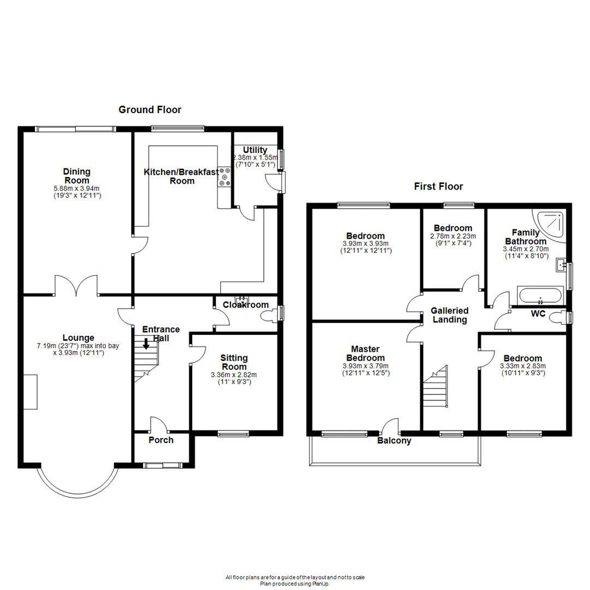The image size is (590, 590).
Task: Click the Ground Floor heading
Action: [x=150, y=110]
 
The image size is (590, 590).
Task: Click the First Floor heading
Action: [x=439, y=187]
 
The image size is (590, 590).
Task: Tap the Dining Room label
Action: [x=77, y=176]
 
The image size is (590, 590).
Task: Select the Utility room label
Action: [x=255, y=150]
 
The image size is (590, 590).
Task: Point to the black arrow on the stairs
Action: [x=146, y=344]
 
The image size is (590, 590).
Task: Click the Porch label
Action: [x=161, y=440]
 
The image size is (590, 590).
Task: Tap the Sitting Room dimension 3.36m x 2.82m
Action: [x=234, y=375]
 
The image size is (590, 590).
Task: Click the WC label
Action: [x=538, y=314]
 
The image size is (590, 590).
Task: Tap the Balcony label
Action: [x=394, y=441]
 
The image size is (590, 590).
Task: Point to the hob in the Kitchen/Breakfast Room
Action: [x=225, y=178]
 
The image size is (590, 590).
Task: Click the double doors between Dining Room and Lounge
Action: [x=76, y=285]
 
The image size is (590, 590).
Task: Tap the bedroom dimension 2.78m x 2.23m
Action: [x=453, y=237]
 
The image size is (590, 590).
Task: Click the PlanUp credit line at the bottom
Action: [x=295, y=583]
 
